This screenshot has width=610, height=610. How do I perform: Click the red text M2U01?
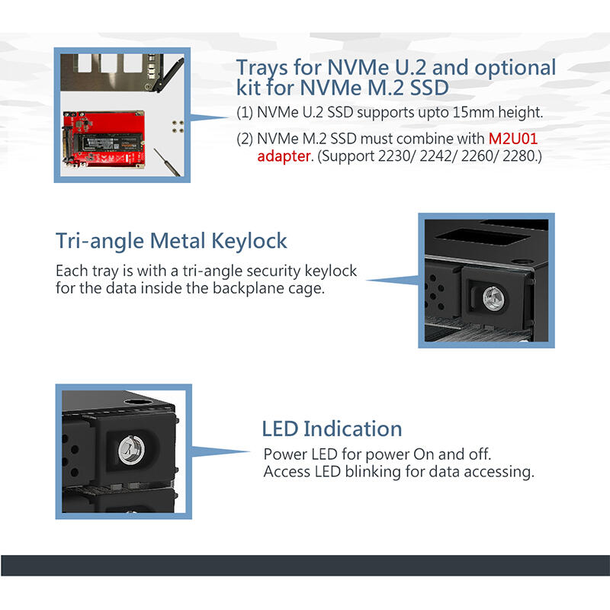[512, 139]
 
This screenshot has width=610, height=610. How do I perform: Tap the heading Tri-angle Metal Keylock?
[171, 241]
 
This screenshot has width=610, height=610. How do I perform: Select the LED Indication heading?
[332, 429]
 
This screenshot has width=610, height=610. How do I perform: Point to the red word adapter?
[284, 156]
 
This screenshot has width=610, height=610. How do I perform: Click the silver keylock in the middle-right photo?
[493, 298]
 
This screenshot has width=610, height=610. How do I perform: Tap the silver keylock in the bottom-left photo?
[131, 451]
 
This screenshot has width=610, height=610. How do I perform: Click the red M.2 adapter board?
[104, 140]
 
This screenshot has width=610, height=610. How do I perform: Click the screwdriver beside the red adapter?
[167, 162]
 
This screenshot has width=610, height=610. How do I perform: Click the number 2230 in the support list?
[394, 156]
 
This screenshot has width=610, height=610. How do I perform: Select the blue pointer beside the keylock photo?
[392, 280]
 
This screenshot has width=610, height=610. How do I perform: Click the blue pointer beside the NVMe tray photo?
[209, 117]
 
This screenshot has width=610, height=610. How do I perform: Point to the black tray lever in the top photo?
[169, 75]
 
